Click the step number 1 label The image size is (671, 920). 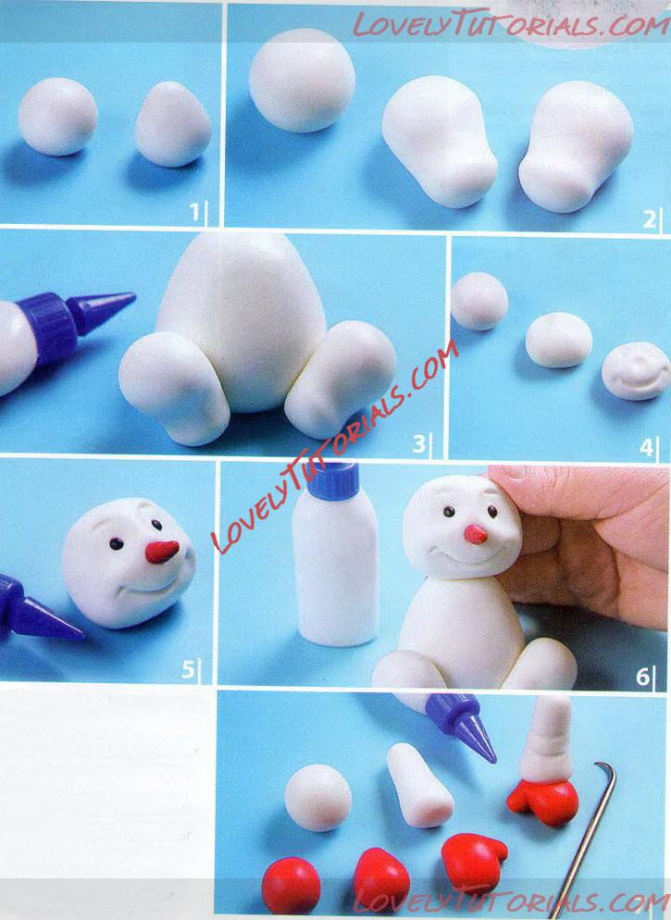point(194,212)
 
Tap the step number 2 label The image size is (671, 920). point(649,219)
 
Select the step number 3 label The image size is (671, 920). point(418,443)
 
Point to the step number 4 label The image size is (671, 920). point(646,448)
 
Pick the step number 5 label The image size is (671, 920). point(188,668)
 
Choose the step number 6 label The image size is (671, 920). point(643,677)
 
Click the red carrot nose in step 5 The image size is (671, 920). point(162,552)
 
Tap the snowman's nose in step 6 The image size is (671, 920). point(476,535)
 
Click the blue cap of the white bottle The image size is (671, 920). point(334,481)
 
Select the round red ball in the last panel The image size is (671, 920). point(291,886)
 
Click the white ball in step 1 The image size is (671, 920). point(57,117)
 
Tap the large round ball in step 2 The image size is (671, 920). point(302,80)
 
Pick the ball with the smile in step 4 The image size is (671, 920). point(636,371)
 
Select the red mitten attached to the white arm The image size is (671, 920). point(543,802)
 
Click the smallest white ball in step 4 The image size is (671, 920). point(479,301)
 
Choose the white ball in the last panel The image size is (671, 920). point(317,798)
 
